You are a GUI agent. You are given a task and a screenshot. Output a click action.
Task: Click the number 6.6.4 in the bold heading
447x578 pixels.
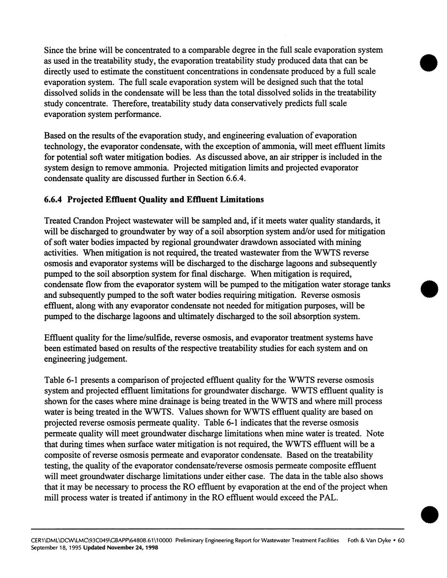(x=54, y=199)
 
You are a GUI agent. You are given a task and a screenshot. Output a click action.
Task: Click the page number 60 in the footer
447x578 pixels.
(x=401, y=541)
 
